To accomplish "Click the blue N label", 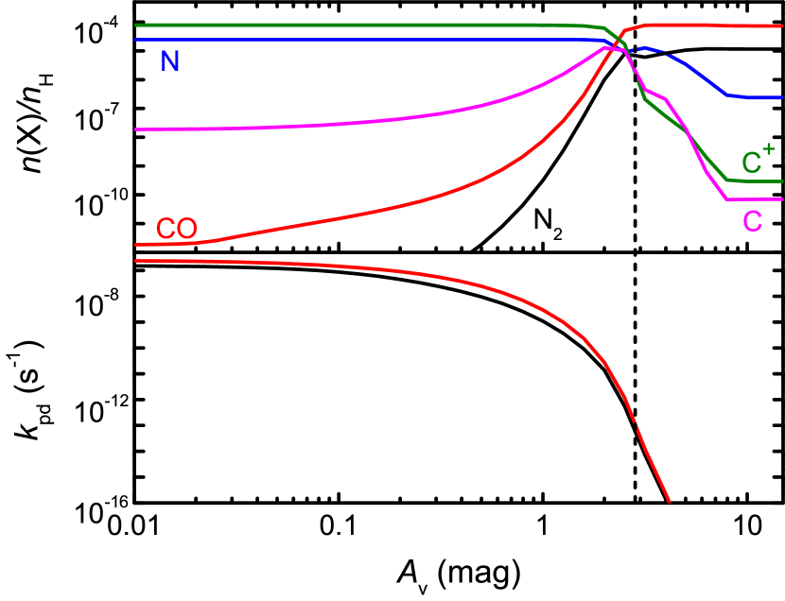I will tap(170, 62).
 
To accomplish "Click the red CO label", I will tap(176, 229).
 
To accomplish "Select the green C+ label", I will tap(758, 161).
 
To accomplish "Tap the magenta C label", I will tap(752, 221).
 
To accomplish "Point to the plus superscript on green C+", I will tap(768, 149).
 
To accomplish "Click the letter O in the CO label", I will tap(186, 229).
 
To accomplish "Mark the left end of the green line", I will tap(136, 26).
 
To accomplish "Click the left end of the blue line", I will tap(136, 40).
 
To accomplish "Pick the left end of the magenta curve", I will tap(136, 129).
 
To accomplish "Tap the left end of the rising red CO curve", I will tap(136, 245).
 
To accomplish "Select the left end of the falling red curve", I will tap(136, 260).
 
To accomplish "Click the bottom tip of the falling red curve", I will tap(670, 502).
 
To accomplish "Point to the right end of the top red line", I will tap(782, 26).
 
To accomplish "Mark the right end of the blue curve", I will tap(782, 96).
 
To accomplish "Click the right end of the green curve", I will tap(782, 180).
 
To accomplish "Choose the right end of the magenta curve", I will tap(782, 199).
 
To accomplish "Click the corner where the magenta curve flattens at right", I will tap(726, 198).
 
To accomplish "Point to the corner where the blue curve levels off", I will tap(727, 95).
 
